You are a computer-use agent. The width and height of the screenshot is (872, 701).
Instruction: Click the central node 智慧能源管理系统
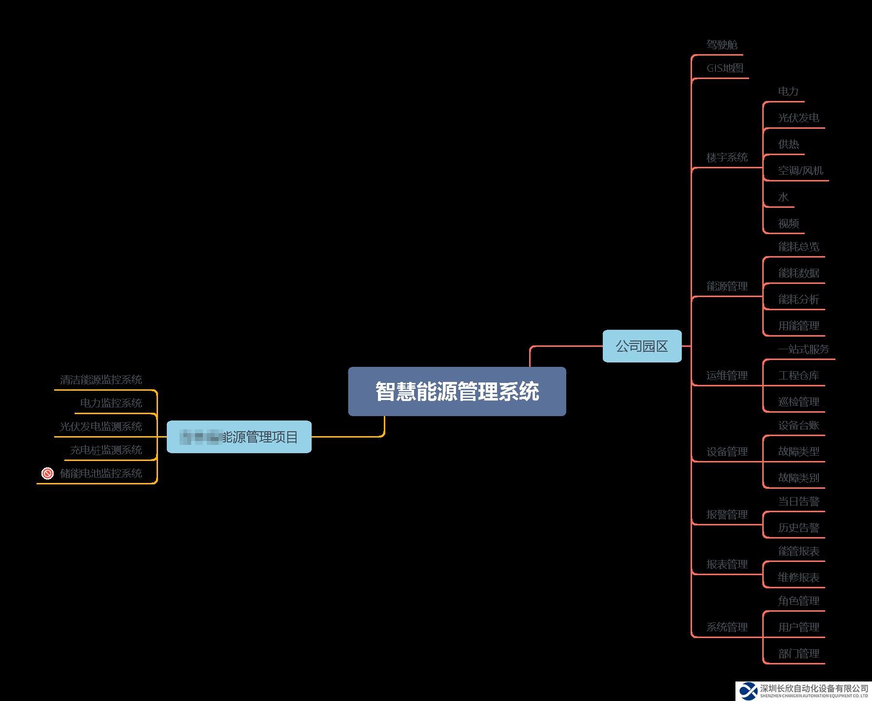click(457, 391)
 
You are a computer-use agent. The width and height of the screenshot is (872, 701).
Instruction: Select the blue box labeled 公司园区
click(642, 346)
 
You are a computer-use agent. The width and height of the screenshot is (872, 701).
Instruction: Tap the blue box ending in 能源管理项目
click(239, 437)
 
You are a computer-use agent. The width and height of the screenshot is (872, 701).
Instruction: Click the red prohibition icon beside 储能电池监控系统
click(47, 473)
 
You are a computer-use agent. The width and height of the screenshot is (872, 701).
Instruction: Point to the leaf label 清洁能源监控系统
click(101, 380)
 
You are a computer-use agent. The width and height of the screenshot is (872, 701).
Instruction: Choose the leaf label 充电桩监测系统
click(106, 450)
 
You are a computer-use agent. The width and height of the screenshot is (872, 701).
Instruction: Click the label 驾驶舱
click(722, 45)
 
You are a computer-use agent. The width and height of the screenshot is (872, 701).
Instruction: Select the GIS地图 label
click(725, 68)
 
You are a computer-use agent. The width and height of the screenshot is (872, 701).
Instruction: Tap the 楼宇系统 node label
click(727, 158)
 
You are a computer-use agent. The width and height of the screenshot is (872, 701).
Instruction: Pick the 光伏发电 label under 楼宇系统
click(798, 118)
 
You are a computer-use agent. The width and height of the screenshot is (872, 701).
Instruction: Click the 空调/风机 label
click(800, 171)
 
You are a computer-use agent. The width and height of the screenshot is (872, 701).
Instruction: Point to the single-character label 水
click(783, 197)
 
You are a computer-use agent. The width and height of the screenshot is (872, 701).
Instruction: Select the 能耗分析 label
click(798, 300)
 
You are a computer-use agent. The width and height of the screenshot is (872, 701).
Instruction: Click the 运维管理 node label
click(727, 376)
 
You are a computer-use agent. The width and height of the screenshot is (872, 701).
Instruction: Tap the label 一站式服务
click(803, 349)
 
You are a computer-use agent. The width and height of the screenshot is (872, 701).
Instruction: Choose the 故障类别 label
click(798, 478)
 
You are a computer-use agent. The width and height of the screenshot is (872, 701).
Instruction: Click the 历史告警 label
click(798, 528)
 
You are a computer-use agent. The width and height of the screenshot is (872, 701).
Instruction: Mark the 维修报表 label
click(798, 578)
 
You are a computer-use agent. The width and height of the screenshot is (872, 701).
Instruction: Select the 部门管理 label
click(798, 654)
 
